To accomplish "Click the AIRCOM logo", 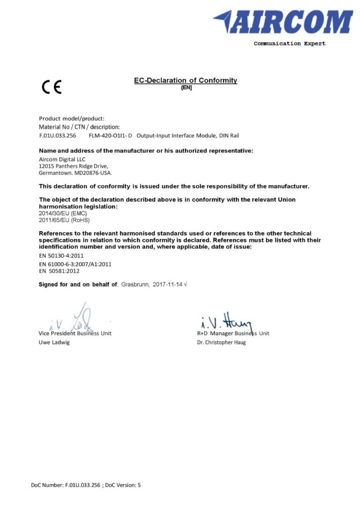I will [283, 22].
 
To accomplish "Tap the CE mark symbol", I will [52, 88].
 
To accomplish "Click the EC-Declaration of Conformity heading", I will [185, 80].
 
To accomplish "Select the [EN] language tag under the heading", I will [186, 87].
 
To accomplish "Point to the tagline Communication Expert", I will [289, 44].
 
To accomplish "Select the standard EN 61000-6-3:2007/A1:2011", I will [75, 264].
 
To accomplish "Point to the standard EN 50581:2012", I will [59, 271].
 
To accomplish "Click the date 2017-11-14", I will [168, 284].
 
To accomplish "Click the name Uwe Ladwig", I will [54, 343].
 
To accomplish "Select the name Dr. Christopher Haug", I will [221, 343].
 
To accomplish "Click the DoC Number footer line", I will [86, 485].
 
